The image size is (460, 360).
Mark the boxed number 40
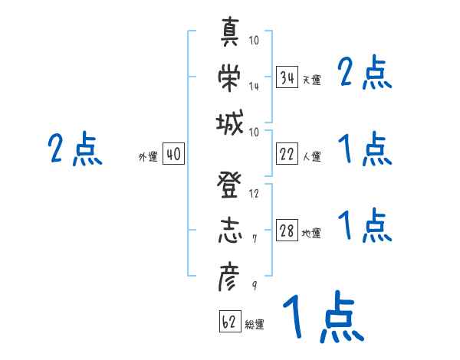click(173, 155)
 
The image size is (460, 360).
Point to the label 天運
click(311, 80)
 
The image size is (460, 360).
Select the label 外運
click(147, 156)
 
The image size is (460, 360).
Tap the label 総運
click(255, 324)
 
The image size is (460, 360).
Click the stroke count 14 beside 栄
click(254, 86)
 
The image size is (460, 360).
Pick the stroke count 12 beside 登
click(254, 193)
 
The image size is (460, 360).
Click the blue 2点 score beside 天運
click(365, 74)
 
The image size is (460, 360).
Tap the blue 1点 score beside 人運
click(365, 149)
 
